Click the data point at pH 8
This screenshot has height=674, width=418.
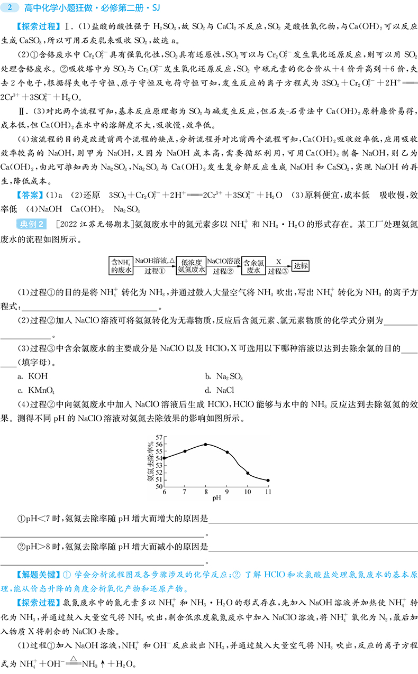(x=205, y=444)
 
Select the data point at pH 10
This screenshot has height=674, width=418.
(x=248, y=473)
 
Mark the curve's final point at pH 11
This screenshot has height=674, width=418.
(x=268, y=480)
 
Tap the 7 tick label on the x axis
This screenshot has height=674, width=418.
(x=185, y=492)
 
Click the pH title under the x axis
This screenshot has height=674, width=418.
(x=216, y=498)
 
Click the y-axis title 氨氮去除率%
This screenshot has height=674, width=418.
(x=151, y=459)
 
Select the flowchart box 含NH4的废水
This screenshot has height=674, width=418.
(x=121, y=265)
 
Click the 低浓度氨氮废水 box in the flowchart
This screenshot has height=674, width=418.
(x=190, y=265)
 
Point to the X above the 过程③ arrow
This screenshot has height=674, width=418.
(x=278, y=261)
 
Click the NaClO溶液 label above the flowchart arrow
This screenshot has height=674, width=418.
(x=223, y=261)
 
